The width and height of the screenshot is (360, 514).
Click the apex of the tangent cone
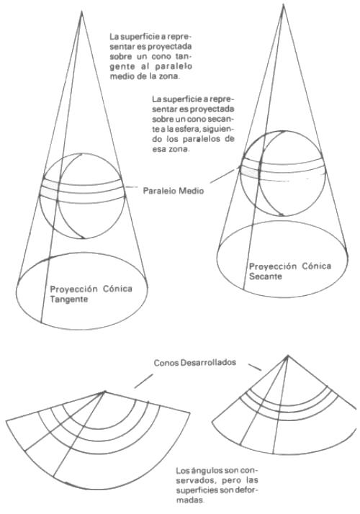pyautogui.click(x=81, y=12)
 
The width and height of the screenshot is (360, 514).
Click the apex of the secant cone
pyautogui.click(x=283, y=4)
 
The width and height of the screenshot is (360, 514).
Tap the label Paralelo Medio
pyautogui.click(x=174, y=191)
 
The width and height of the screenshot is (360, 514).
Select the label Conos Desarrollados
pyautogui.click(x=195, y=363)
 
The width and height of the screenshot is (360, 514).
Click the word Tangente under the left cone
pyautogui.click(x=69, y=299)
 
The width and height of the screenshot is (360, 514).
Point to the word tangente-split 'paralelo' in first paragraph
pyautogui.click(x=174, y=66)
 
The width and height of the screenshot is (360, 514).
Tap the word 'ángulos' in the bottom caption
pyautogui.click(x=205, y=471)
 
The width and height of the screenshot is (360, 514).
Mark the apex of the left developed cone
pyautogui.click(x=104, y=391)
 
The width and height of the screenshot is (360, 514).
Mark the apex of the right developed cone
pyautogui.click(x=287, y=356)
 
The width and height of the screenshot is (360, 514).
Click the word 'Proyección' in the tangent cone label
pyautogui.click(x=73, y=289)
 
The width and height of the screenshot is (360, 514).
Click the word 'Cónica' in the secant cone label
pyautogui.click(x=317, y=266)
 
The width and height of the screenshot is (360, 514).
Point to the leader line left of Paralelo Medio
pyautogui.click(x=132, y=187)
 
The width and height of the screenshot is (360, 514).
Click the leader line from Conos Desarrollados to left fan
pyautogui.click(x=143, y=381)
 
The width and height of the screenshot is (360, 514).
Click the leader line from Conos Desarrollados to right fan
pyautogui.click(x=254, y=367)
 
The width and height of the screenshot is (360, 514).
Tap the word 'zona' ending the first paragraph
pyautogui.click(x=171, y=76)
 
